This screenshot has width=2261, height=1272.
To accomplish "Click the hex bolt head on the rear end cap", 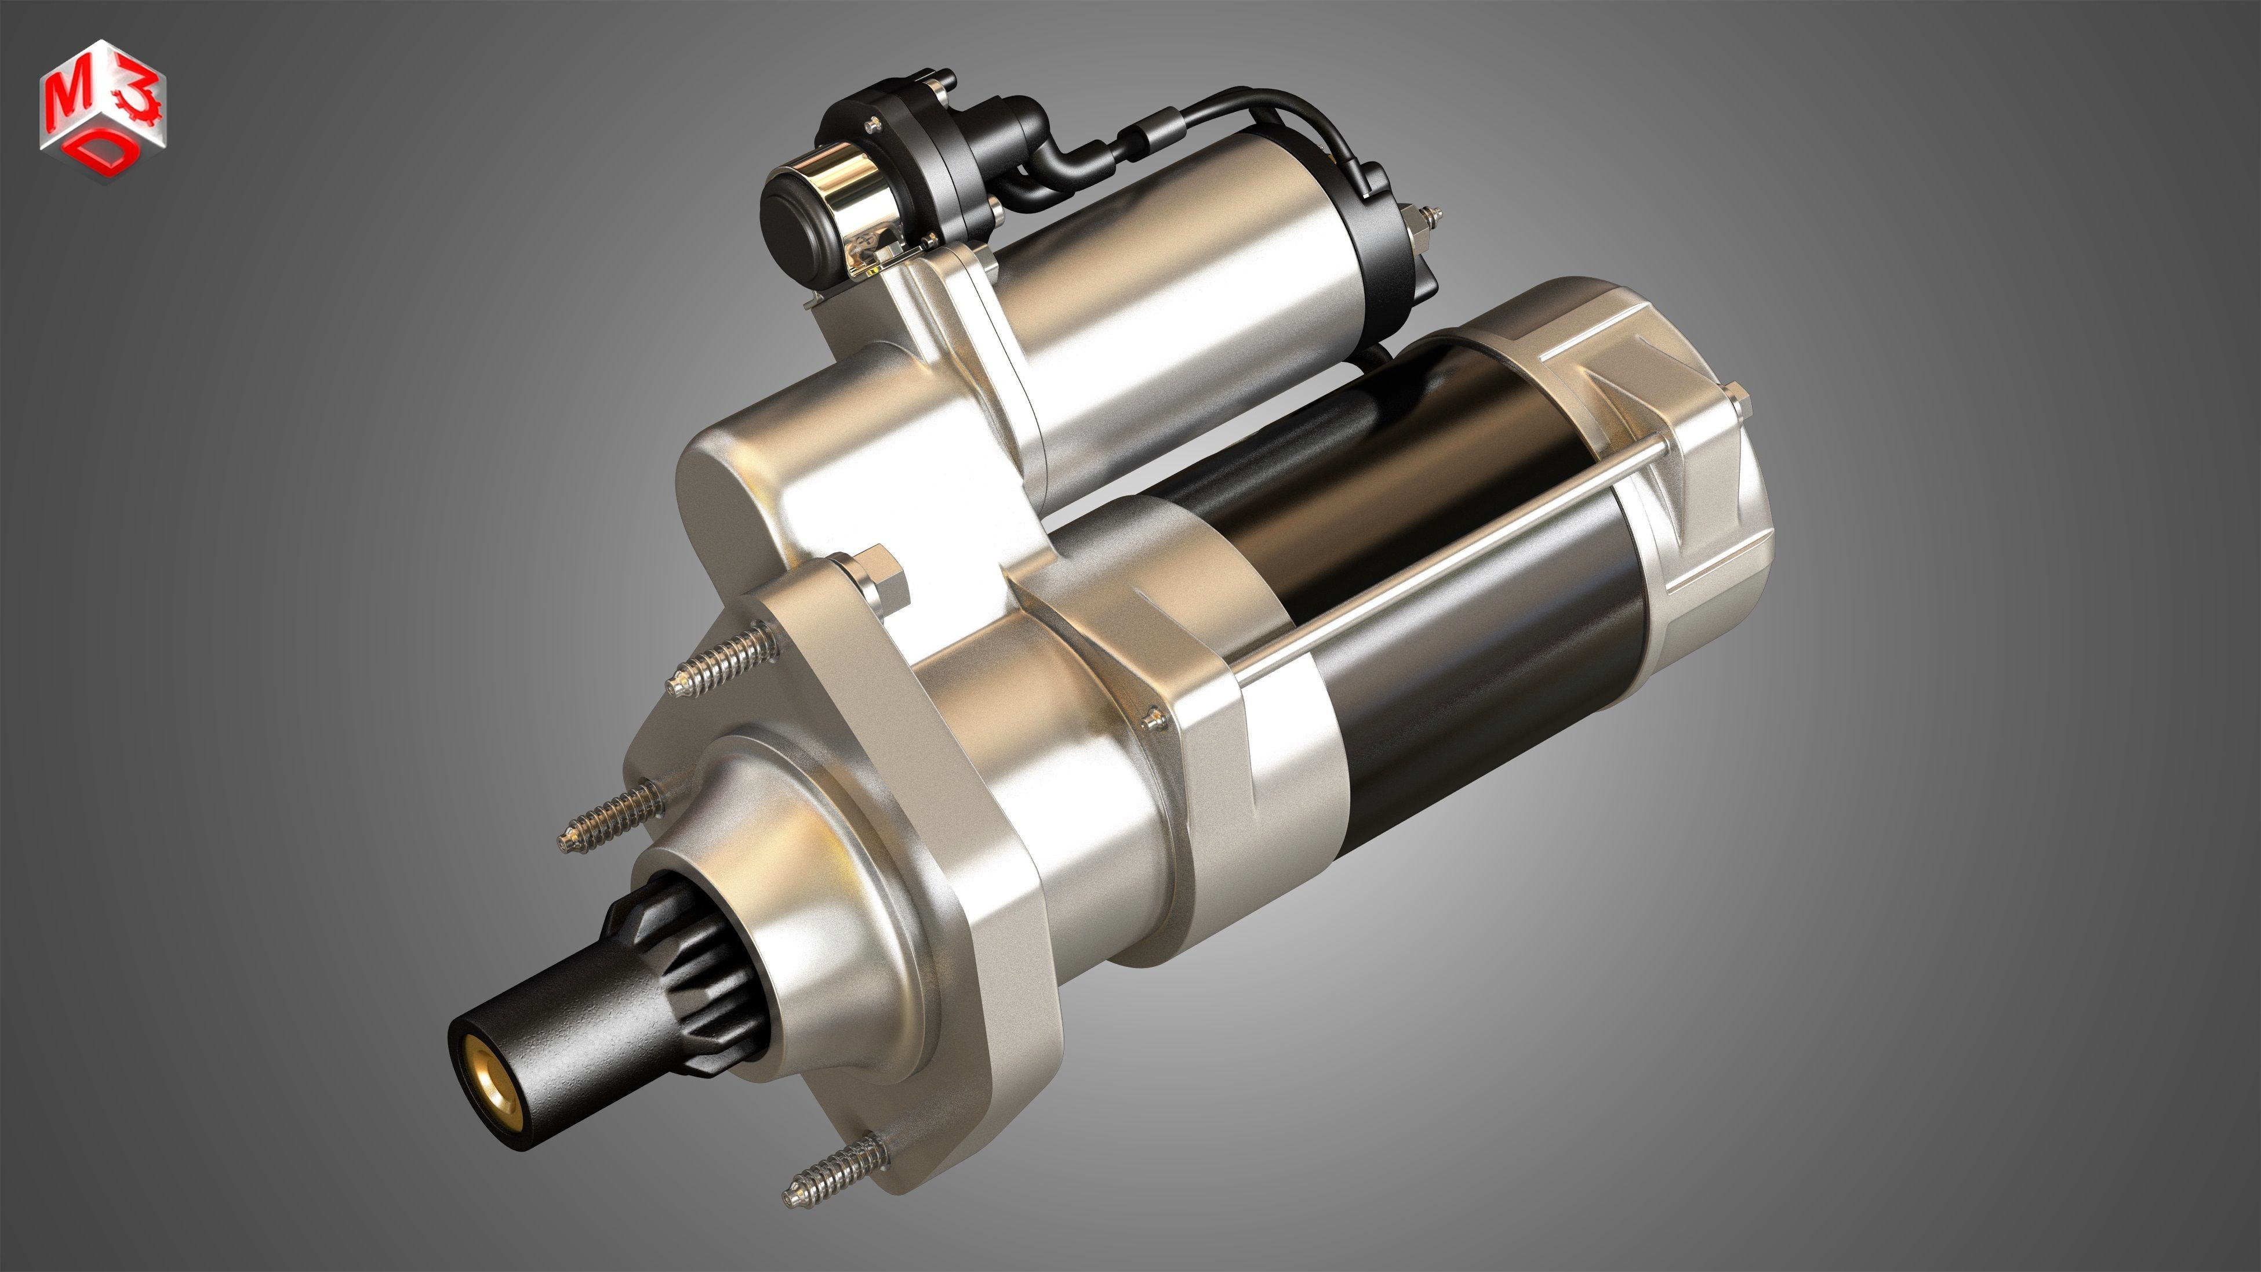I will coord(1733,400).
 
